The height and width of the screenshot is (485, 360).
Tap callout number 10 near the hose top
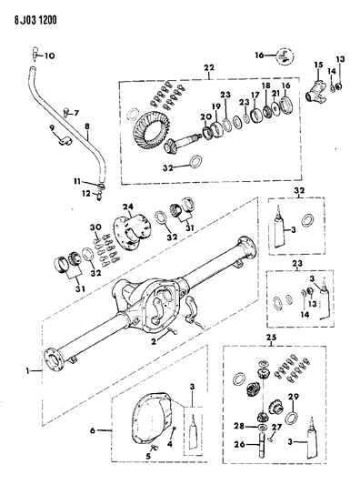(50, 56)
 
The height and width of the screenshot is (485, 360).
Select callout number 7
(75, 113)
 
